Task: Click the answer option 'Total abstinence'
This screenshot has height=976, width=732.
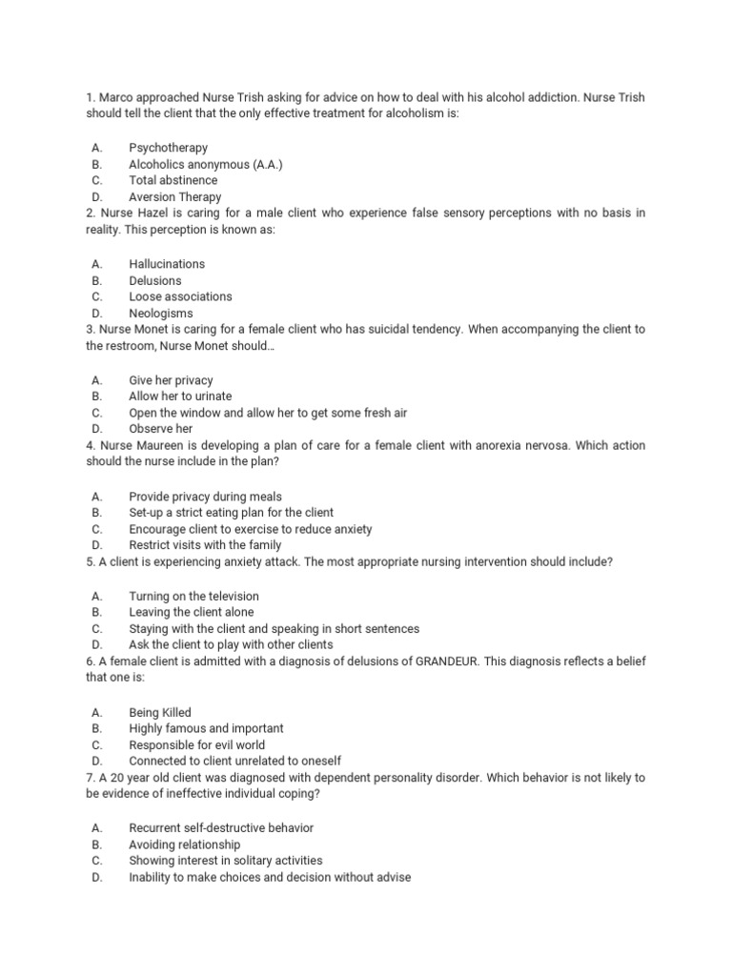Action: click(x=173, y=180)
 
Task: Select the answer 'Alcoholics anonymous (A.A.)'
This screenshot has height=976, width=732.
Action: click(x=206, y=164)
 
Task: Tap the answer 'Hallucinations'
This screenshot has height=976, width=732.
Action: click(x=167, y=264)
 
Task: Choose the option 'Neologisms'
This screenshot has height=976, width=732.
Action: click(x=160, y=313)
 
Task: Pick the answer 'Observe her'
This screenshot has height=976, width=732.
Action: click(x=160, y=429)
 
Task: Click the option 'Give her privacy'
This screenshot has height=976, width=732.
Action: click(x=171, y=380)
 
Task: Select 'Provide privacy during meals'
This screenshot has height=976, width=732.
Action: click(x=205, y=497)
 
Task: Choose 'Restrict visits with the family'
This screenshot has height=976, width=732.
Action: click(x=205, y=545)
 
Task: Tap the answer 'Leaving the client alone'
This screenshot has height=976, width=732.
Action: click(x=192, y=612)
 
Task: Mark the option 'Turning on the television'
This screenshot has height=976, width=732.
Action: click(x=193, y=596)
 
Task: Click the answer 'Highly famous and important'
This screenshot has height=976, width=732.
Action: click(x=206, y=728)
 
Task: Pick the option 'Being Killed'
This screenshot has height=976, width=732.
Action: click(x=160, y=712)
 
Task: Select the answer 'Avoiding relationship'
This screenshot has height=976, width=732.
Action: click(x=185, y=844)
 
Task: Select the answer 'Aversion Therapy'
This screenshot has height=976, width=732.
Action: click(x=175, y=196)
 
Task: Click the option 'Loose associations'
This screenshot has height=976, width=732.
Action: click(x=180, y=296)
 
